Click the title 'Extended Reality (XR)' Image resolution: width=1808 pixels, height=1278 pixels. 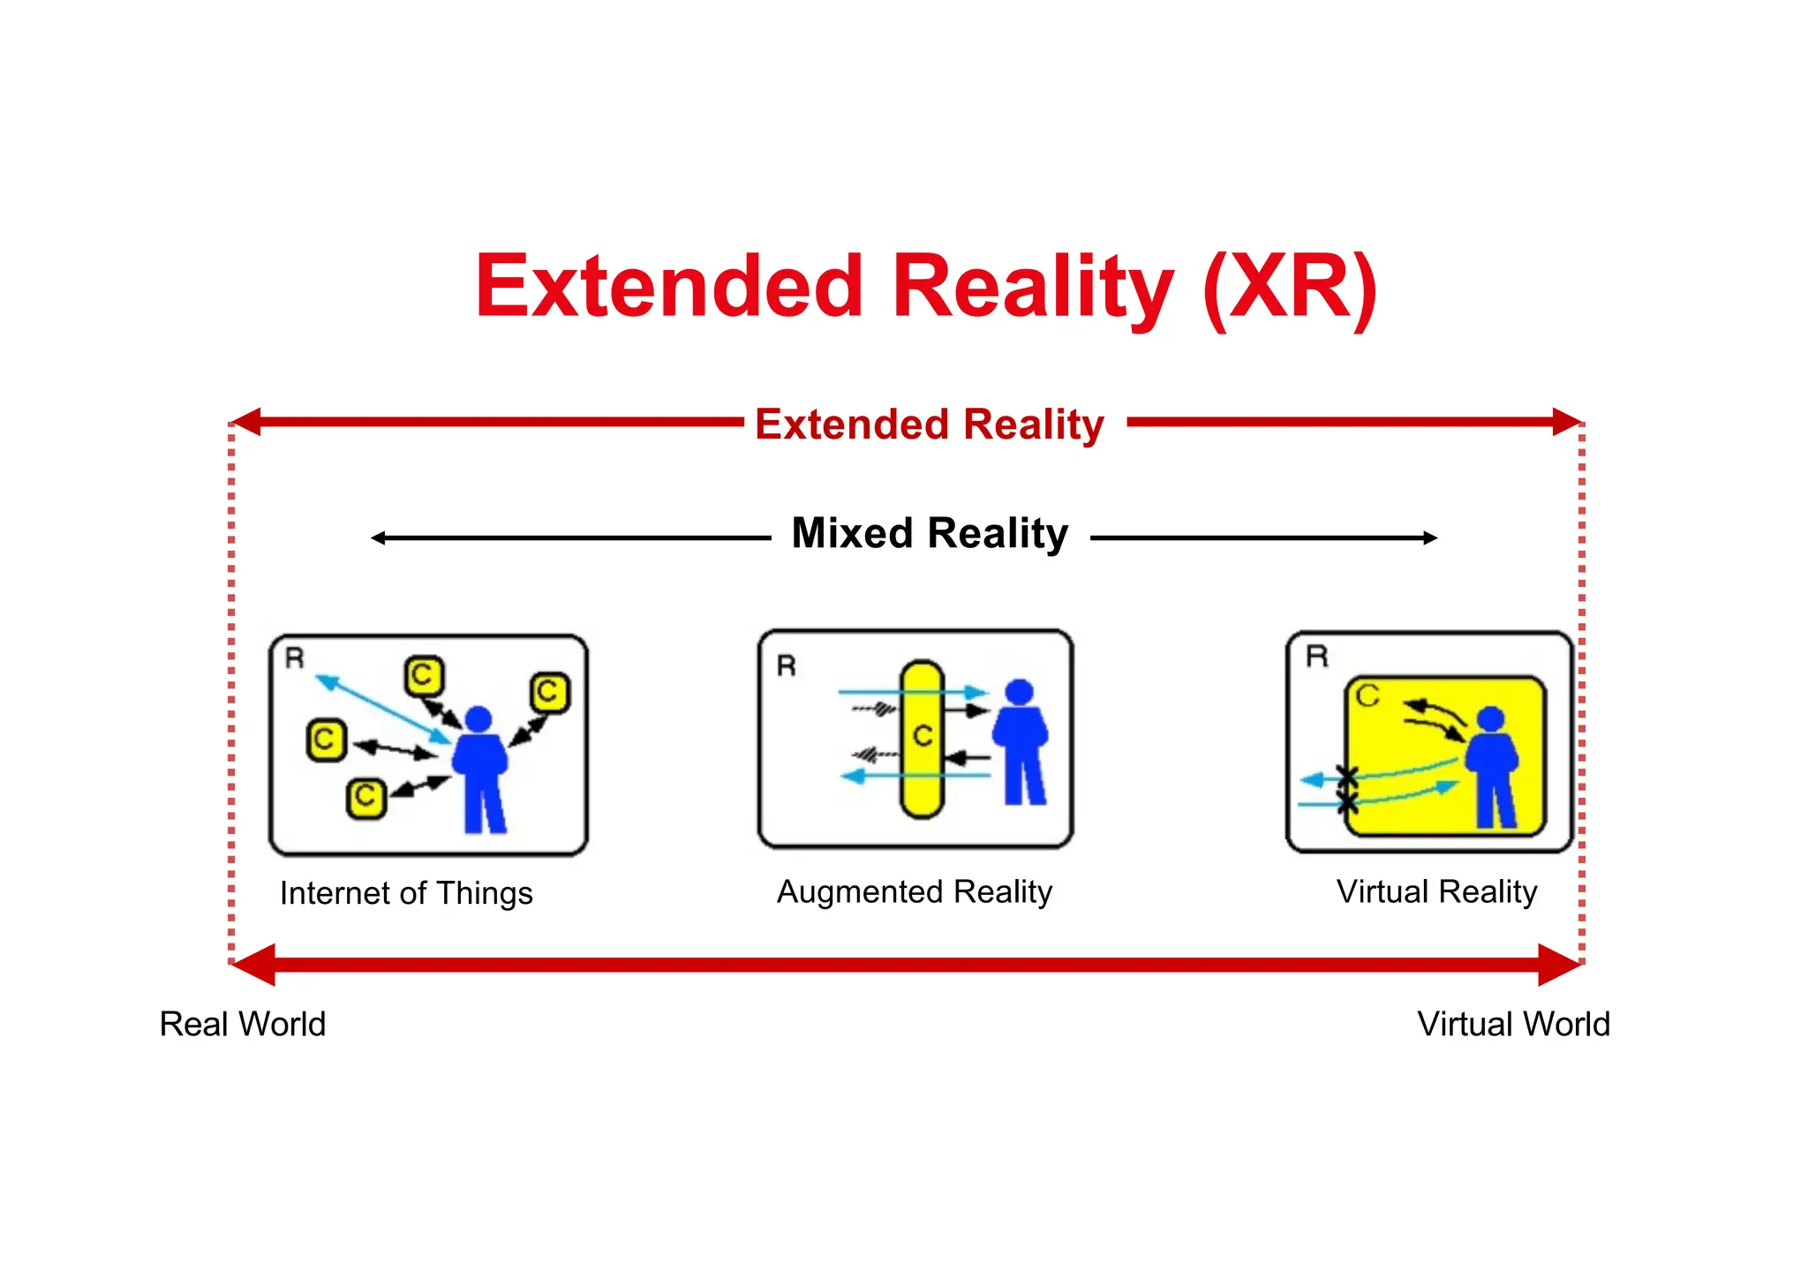coord(926,286)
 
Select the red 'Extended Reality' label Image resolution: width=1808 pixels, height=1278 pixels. coord(929,425)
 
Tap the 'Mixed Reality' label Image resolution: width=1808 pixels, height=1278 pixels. coord(930,534)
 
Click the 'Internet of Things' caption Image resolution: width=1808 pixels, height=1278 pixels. coord(406,893)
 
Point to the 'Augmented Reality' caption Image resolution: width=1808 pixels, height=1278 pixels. coord(914,891)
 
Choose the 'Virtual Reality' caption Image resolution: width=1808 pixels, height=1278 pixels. coord(1436,891)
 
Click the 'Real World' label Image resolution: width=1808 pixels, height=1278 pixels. coord(243,1024)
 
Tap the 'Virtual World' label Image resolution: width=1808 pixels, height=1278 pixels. coord(1513,1024)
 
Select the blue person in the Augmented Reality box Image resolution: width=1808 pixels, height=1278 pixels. coord(1021,741)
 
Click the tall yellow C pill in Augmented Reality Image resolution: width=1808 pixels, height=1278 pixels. coord(923,739)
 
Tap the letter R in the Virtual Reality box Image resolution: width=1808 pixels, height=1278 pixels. coord(1316,657)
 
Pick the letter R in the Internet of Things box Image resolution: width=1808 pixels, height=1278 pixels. coord(295,658)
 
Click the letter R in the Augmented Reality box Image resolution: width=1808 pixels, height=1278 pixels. coord(787,665)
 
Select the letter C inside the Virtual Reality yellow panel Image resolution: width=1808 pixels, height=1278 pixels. coord(1367,696)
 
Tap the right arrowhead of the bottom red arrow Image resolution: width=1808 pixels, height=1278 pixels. coord(1558,965)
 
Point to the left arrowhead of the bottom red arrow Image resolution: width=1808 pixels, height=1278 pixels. coord(254,965)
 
